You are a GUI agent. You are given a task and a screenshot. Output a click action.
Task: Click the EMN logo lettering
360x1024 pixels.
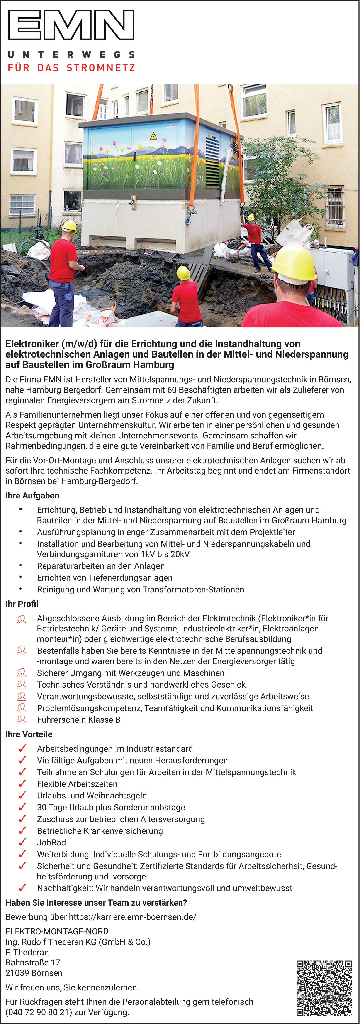[x=71, y=25]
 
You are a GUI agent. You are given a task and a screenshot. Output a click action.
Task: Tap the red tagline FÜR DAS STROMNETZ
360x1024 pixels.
[x=71, y=68]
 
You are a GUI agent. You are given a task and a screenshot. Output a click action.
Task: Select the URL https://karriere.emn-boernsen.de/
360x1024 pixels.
[x=132, y=917]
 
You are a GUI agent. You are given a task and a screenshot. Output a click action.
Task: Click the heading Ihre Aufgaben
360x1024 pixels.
[x=32, y=496]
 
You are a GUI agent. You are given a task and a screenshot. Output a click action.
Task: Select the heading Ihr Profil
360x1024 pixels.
[x=22, y=604]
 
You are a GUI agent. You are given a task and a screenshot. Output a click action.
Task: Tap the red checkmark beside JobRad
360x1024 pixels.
[x=22, y=842]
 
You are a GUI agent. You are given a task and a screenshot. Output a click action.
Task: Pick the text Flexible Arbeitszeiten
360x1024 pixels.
[x=77, y=784]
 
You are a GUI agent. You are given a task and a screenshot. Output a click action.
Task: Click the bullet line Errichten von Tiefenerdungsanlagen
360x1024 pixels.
[x=105, y=578]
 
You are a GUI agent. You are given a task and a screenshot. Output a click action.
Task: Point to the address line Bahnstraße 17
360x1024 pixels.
[x=33, y=962]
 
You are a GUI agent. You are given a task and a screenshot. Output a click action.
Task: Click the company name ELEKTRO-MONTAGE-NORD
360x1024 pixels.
[x=57, y=931]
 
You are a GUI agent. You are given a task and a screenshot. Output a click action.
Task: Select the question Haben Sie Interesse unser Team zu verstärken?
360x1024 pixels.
[x=96, y=903]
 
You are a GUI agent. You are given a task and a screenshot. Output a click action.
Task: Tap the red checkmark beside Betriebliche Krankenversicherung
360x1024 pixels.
[x=22, y=831]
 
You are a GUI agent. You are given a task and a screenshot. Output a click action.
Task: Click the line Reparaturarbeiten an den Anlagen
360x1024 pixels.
[x=100, y=566]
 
